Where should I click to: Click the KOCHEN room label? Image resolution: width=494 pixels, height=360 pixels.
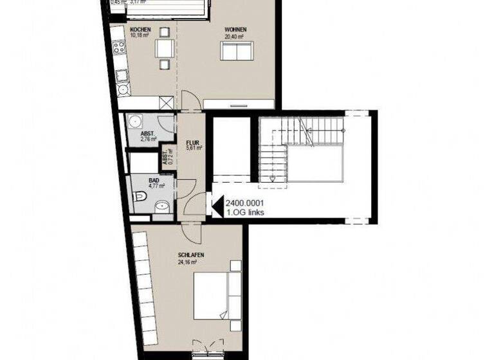140,30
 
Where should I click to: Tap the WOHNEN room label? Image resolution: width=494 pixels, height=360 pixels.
235,30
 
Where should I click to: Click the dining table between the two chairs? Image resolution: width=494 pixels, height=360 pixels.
165,48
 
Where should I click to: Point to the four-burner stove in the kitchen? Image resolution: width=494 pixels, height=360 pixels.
119,47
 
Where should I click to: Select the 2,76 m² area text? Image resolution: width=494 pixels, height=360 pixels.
149,138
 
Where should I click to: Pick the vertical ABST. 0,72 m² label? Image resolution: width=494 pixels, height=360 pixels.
166,154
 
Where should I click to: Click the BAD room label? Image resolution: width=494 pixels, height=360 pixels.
153,181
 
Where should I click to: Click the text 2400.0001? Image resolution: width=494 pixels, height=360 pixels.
244,203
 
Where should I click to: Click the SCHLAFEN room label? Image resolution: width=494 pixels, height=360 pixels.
192,256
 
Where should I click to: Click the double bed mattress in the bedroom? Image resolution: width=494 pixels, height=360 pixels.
211,296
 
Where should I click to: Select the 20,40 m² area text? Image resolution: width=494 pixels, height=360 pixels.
235,37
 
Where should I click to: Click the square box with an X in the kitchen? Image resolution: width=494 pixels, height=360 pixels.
167,103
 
